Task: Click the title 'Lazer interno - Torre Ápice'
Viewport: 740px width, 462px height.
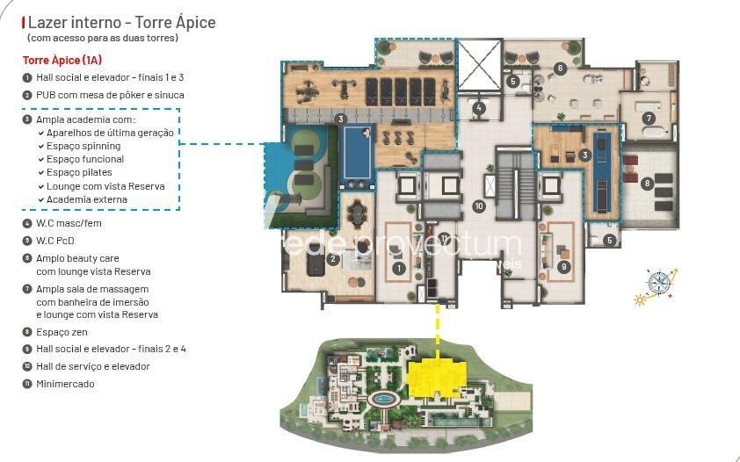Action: coord(122,22)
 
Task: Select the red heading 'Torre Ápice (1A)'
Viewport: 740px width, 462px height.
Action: coord(62,60)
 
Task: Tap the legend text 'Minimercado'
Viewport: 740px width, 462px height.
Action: coord(65,384)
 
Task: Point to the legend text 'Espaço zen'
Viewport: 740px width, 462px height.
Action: coord(62,332)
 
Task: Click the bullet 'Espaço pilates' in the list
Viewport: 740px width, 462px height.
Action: coord(79,172)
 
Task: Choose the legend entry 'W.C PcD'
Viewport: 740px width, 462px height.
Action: coord(55,241)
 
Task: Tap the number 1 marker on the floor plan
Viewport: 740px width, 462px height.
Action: coord(399,268)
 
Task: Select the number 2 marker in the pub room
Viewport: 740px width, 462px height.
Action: coord(333,258)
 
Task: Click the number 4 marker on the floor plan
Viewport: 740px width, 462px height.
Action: coord(479,108)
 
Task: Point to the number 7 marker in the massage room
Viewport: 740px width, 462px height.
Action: coord(649,118)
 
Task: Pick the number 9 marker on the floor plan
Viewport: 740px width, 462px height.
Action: coord(563,267)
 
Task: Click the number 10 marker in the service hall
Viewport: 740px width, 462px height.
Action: coord(479,206)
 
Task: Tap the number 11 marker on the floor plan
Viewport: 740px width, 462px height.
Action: coord(444,239)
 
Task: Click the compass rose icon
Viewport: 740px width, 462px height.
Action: coord(658,283)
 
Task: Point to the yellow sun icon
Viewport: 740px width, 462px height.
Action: coord(640,300)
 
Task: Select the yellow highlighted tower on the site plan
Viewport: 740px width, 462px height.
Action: coord(436,377)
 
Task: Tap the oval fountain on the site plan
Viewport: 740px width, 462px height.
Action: coord(384,400)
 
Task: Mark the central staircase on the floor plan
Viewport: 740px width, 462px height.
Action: coord(515,183)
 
